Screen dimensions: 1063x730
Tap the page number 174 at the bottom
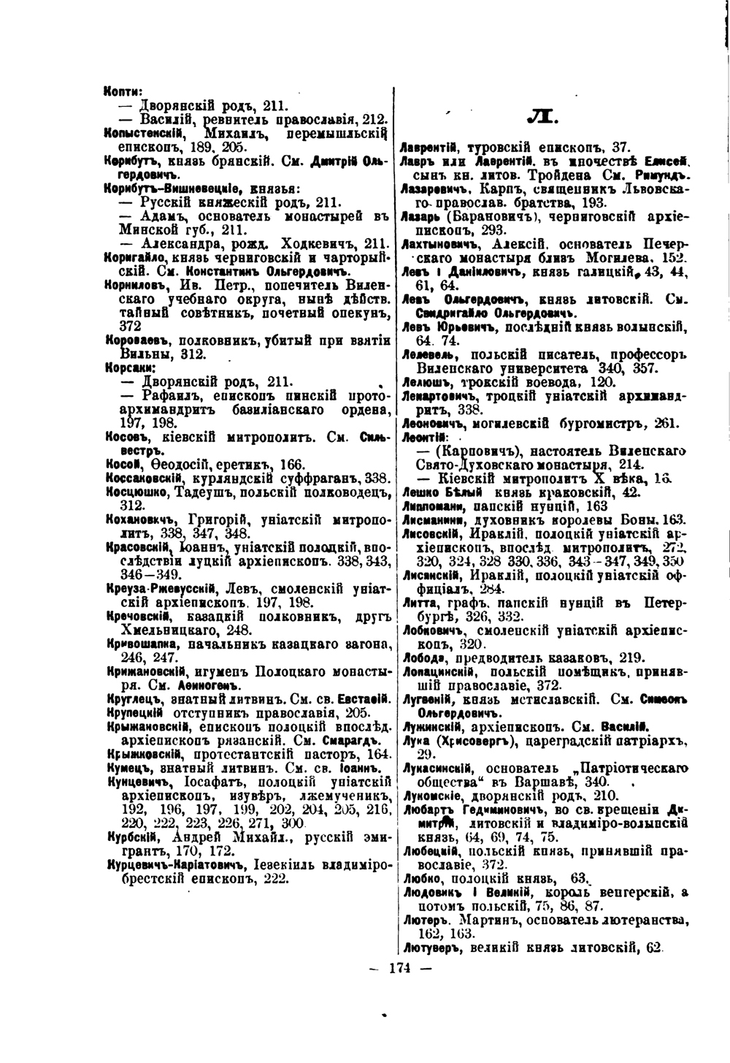point(401,969)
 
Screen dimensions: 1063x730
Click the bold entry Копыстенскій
point(142,133)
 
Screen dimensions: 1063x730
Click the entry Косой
point(118,465)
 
